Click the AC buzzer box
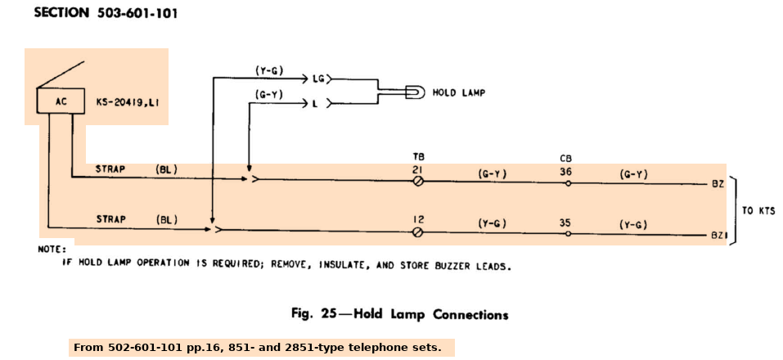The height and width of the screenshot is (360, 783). click(x=61, y=102)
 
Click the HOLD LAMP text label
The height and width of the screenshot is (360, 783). click(x=458, y=92)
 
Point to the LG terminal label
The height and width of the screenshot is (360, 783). click(x=319, y=79)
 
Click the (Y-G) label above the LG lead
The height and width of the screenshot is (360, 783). click(x=269, y=70)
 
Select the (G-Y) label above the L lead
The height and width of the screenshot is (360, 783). click(x=269, y=94)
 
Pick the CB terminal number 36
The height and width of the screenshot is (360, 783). click(x=566, y=171)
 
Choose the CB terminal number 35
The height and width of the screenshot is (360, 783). click(x=566, y=221)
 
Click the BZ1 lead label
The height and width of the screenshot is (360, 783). click(x=718, y=236)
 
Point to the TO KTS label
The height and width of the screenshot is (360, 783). click(x=758, y=210)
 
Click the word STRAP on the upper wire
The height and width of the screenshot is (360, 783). click(x=110, y=169)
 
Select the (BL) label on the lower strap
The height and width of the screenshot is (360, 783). click(x=167, y=219)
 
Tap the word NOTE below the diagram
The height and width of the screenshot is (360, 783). click(x=55, y=249)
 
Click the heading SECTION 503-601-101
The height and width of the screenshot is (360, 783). click(x=106, y=14)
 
